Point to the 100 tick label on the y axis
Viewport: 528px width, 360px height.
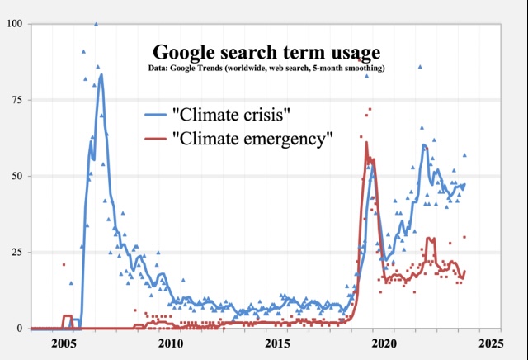coord(14,23)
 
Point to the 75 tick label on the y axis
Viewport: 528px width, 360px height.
coord(16,100)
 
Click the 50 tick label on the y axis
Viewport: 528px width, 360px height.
coord(16,176)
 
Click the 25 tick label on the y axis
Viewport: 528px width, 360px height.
coord(16,252)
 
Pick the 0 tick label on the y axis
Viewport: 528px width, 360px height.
coord(20,328)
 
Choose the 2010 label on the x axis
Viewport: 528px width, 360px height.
coord(171,343)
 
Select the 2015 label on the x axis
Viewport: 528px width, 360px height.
coord(276,343)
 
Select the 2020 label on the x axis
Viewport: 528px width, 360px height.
coord(382,343)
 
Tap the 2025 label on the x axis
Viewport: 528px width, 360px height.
coord(488,343)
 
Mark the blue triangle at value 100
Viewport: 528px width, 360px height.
coord(97,24)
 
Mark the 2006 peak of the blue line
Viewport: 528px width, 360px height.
coord(101,75)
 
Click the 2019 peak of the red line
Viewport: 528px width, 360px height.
coord(366,143)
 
